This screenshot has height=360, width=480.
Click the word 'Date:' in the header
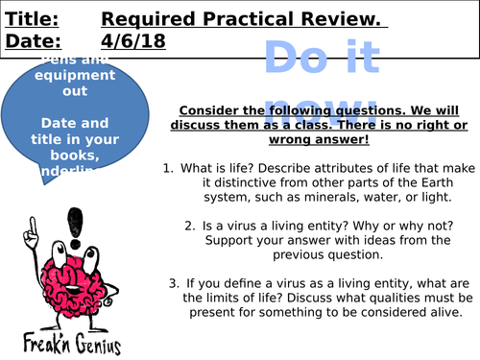coord(30,40)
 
